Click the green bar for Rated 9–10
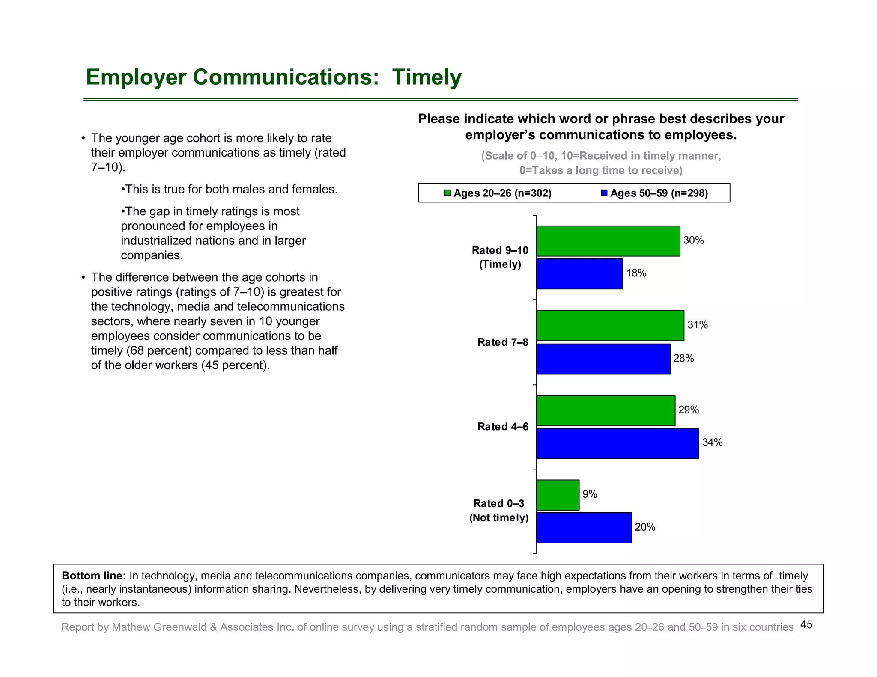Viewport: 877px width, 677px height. (608, 241)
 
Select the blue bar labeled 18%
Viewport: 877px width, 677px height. (579, 274)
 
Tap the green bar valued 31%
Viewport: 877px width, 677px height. (610, 326)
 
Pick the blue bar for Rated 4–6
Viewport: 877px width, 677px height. (617, 443)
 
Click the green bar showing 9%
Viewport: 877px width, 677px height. (558, 495)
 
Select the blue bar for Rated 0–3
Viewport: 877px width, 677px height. (584, 528)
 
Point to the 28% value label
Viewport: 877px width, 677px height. (683, 359)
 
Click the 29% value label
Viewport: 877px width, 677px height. (689, 410)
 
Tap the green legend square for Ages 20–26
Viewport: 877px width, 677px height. (447, 193)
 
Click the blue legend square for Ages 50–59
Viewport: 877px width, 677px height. (604, 193)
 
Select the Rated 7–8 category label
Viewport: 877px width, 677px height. (503, 342)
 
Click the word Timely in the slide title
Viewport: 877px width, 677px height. (427, 77)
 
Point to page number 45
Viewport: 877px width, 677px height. (806, 625)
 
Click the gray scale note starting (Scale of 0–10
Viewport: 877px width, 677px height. (601, 156)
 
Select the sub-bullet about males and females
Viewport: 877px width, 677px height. (230, 189)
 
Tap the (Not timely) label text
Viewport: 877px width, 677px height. (499, 518)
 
